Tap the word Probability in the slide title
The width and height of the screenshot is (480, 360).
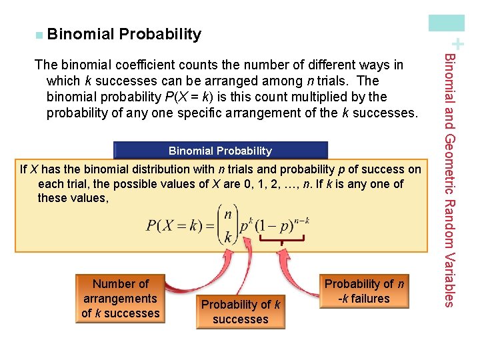coord(160,34)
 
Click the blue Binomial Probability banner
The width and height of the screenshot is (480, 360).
coord(221,151)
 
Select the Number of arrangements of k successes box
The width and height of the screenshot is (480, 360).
coord(121,299)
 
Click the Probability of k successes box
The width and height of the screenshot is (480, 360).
coord(240,312)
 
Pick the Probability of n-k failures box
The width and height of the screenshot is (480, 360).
coord(364,291)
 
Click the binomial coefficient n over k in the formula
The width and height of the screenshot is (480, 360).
coord(229,225)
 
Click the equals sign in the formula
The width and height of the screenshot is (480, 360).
coord(207,225)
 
